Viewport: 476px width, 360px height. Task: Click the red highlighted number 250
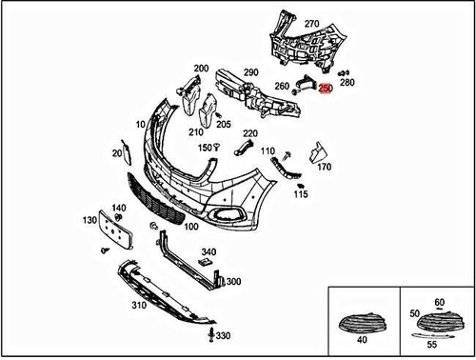325,89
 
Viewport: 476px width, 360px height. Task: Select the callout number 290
250,72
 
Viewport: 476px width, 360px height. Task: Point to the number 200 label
201,68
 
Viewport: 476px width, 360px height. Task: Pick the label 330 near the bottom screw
223,337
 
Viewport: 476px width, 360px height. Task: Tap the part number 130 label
89,219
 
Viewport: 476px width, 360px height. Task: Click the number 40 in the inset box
360,339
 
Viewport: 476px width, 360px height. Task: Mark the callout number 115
301,195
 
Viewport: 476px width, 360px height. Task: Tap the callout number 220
249,133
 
